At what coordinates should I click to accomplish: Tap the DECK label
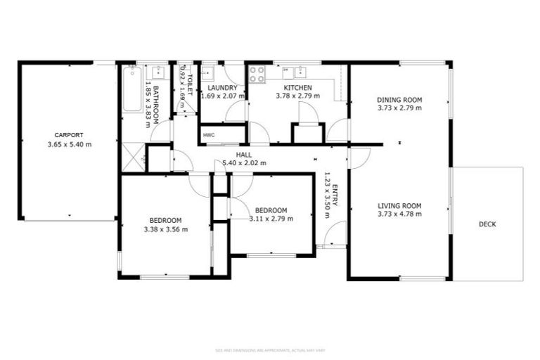coord(487,224)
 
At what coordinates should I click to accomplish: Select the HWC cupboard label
coord(209,135)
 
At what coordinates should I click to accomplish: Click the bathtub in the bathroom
coord(131,89)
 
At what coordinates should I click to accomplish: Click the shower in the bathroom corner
coord(133,155)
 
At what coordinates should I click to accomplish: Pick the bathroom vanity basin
coord(158,71)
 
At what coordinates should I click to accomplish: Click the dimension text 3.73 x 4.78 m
coord(399,214)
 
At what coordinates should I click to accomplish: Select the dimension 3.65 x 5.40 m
coord(69,144)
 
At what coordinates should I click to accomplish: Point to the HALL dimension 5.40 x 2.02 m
coord(244,163)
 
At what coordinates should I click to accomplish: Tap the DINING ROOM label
coord(399,100)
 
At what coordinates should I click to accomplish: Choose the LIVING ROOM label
coord(399,205)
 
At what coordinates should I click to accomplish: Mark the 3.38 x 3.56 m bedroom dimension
coord(166,229)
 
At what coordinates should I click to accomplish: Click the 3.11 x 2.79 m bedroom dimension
coord(271,219)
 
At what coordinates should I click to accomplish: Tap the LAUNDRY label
coord(223,87)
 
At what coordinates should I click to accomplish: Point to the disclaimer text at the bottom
coord(270,349)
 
